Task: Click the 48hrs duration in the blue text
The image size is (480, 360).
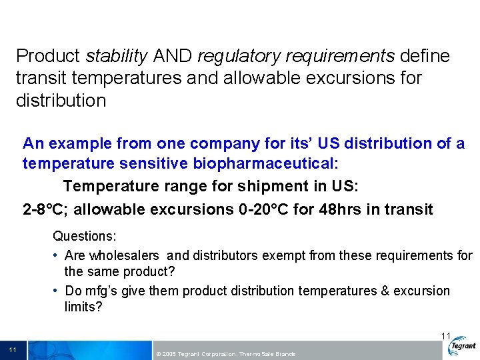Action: click(341, 210)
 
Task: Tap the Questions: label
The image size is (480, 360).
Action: click(85, 237)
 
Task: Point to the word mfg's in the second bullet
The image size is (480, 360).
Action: click(101, 291)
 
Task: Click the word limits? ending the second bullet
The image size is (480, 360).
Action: click(83, 307)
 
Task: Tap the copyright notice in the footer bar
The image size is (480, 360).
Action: click(225, 353)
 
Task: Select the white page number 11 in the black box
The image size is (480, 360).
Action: click(13, 349)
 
